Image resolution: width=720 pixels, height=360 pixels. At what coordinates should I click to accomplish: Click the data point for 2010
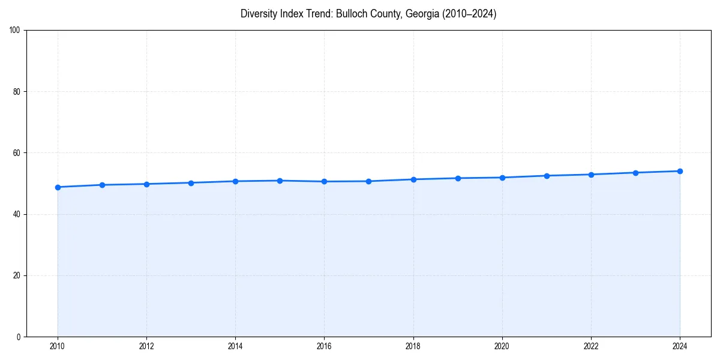58,187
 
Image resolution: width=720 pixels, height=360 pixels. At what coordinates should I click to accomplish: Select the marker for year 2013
191,183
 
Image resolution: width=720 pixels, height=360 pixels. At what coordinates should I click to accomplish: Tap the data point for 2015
280,181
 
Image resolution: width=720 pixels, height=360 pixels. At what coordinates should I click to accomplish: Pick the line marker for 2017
368,181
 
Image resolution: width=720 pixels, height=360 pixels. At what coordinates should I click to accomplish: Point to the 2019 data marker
458,178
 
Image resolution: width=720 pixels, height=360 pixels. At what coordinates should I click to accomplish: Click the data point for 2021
547,176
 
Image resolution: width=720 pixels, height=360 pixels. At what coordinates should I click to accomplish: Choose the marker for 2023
635,173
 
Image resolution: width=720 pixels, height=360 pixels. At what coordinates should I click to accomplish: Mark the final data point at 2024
680,171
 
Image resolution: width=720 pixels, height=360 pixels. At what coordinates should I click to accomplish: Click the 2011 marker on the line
102,185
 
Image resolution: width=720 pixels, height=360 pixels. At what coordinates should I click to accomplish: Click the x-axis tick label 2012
146,346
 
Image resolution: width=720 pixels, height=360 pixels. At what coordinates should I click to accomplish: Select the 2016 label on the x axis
324,346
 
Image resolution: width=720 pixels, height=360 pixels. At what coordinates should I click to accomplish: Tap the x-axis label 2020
502,346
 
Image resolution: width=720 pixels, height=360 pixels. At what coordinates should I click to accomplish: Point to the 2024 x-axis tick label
680,346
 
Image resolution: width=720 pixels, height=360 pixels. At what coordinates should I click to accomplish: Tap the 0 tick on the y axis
19,337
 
